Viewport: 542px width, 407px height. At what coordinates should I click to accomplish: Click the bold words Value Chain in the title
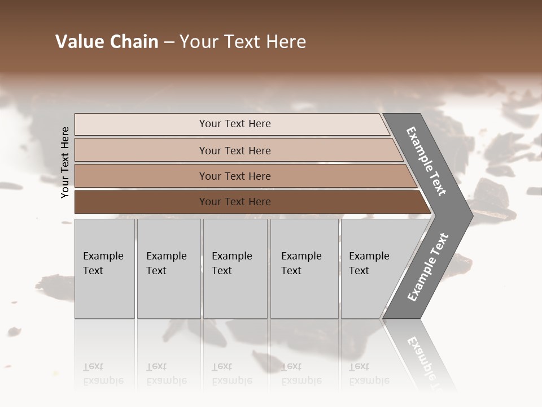point(107,42)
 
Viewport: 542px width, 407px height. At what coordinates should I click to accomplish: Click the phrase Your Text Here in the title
point(243,42)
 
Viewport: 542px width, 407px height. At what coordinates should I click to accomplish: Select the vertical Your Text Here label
point(65,162)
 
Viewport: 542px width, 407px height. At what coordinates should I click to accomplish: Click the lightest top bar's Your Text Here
point(234,124)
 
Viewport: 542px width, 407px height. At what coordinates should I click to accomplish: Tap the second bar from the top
point(234,150)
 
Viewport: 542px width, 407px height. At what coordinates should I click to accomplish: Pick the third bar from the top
point(234,176)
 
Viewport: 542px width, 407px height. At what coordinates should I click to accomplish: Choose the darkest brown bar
point(234,202)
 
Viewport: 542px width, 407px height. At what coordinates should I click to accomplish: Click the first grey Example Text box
point(104,269)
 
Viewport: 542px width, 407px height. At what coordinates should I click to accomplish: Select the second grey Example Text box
point(168,269)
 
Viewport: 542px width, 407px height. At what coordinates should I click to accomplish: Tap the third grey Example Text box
point(234,269)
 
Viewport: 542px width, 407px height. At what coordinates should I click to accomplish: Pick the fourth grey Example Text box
point(304,269)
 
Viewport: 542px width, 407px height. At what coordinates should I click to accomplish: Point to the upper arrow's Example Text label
point(427,161)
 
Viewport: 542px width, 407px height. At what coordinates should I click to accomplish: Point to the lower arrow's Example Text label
point(427,267)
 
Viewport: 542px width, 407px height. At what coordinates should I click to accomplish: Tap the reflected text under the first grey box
point(103,374)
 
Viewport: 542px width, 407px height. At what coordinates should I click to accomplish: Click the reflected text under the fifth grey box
point(369,374)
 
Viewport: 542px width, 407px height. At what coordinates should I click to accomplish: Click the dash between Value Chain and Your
point(169,42)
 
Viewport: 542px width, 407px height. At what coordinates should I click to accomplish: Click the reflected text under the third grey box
point(231,374)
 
